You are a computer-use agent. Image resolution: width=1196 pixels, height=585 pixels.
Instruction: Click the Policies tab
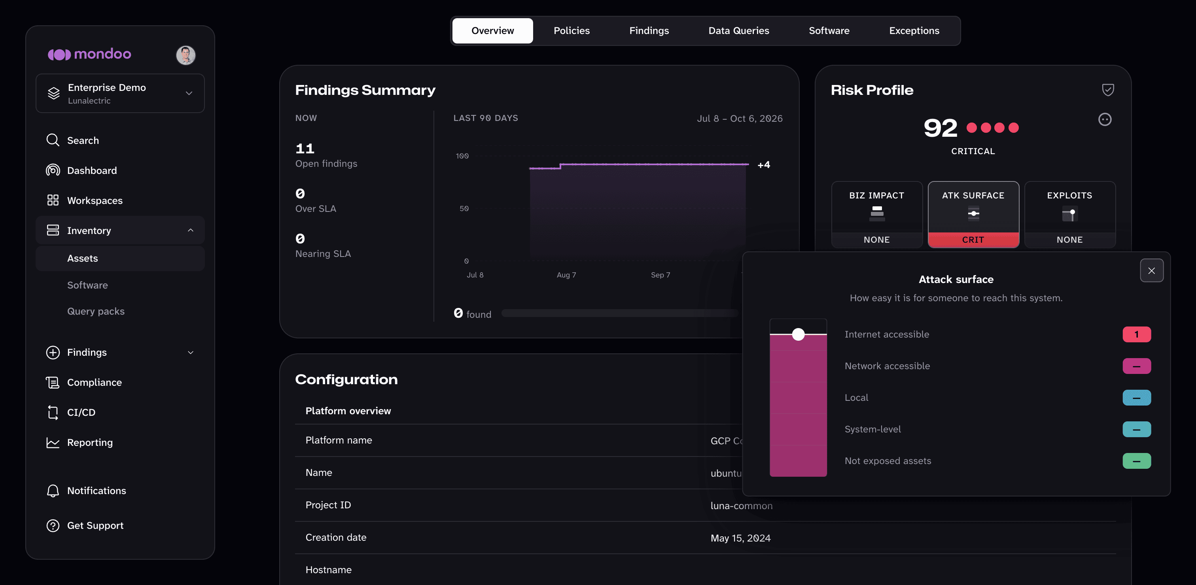572,30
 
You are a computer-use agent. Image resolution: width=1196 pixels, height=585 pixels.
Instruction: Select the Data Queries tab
739,30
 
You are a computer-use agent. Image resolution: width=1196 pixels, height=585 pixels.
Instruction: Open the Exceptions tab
914,30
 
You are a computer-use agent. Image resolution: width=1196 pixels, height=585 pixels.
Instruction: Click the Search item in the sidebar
83,140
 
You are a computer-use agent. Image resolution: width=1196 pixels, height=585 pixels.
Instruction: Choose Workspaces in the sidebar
95,200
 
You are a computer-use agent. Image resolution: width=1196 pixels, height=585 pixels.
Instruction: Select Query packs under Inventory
96,311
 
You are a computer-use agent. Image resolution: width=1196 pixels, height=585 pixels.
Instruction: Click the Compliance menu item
94,382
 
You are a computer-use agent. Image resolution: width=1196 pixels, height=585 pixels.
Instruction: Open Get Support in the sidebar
95,526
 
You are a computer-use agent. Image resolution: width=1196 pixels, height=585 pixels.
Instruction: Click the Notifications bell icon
53,491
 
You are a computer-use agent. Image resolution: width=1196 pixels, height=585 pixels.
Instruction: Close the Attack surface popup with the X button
1151,270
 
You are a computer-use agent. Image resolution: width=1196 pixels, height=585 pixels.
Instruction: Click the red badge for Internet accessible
1137,334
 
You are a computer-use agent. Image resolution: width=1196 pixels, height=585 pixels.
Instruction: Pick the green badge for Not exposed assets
1137,461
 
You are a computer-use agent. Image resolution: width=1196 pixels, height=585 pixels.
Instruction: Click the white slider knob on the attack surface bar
798,334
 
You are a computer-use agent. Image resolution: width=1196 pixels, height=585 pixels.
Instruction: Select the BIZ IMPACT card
876,215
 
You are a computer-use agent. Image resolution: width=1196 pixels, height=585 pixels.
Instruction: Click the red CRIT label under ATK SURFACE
973,240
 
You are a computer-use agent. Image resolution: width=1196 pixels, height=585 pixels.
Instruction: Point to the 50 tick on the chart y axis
464,209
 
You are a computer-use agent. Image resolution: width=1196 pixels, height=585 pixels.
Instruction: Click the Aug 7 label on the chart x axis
566,275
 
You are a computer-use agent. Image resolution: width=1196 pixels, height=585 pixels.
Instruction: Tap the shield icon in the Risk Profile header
1108,90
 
